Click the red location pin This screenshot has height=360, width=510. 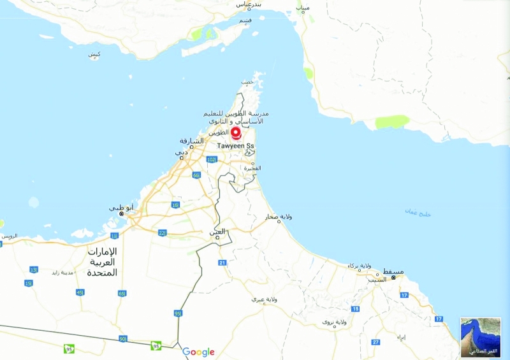(236, 133)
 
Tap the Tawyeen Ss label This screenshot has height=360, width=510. (236, 146)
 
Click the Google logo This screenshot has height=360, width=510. (198, 352)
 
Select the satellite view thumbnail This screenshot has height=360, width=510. (481, 337)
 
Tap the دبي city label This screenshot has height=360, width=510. (182, 152)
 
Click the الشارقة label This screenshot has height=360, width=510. (192, 141)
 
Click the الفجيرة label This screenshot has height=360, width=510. (252, 168)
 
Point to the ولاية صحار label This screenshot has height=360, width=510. (279, 217)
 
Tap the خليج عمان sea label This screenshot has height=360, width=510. (418, 213)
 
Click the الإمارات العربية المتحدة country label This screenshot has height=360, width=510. (103, 262)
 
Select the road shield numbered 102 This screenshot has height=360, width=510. (212, 159)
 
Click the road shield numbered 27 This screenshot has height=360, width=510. (376, 342)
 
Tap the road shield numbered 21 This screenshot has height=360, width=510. (222, 263)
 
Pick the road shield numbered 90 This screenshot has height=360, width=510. (122, 339)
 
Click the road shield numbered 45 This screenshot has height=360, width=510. (80, 292)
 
